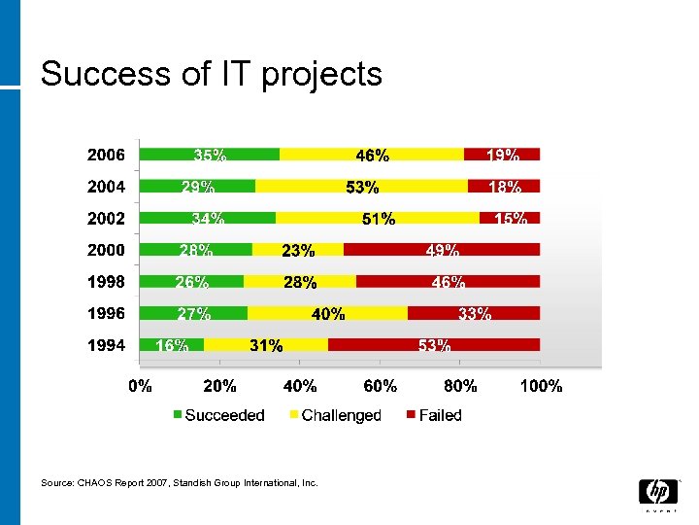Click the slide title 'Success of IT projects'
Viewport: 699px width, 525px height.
coord(212,74)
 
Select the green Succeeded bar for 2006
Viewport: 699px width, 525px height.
coord(210,154)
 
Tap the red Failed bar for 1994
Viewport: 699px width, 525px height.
coord(434,344)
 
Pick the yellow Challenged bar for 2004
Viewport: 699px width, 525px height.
coord(361,186)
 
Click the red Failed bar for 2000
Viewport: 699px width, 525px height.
coord(442,249)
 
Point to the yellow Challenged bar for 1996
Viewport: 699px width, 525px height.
coord(327,312)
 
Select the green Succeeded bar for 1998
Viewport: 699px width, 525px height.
coord(192,281)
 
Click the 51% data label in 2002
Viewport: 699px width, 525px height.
coord(379,219)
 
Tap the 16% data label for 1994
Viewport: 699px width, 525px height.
coord(172,345)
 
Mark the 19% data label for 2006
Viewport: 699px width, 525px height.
coord(502,155)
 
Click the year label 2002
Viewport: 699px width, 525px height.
coord(106,219)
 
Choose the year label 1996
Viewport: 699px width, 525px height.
coord(106,313)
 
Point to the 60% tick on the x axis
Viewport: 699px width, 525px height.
coord(381,386)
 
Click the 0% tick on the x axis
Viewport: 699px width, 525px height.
coord(141,386)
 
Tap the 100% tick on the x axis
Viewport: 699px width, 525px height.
coord(541,386)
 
